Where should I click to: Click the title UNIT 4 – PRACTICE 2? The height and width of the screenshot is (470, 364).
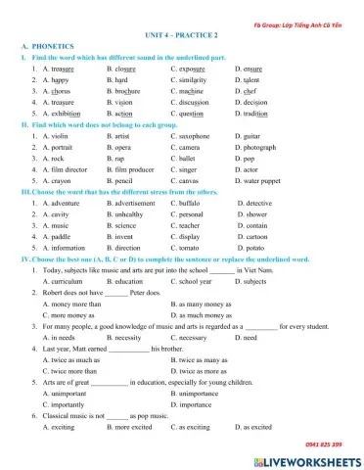pyautogui.click(x=181, y=33)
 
